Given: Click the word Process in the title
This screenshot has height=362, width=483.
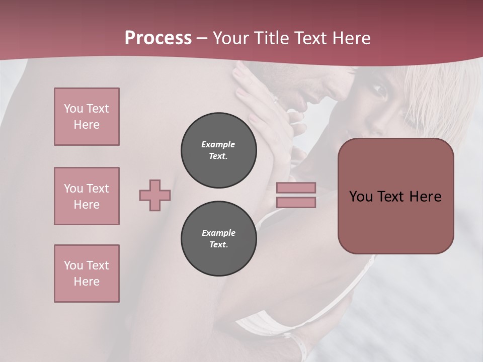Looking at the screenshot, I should pos(158,38).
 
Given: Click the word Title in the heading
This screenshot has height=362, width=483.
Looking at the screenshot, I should pos(271,38).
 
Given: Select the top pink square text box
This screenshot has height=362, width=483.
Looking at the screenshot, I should pos(87,117).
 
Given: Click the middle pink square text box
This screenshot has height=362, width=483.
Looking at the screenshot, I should pos(87,196).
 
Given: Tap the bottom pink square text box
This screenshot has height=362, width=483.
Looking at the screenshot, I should pos(87,274).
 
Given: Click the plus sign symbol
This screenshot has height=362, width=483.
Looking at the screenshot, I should pos(155,195).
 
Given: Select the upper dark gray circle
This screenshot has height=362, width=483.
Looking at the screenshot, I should pos(218,150).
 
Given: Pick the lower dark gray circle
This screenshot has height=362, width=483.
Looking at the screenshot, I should pos(218,238).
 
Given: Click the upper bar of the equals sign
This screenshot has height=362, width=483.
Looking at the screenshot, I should pos(296,188).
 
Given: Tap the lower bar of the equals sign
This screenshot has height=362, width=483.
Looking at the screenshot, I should pos(296,203).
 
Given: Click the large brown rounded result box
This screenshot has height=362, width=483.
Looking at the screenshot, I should pos(395,221).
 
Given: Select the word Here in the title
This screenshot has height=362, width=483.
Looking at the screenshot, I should pos(351,38).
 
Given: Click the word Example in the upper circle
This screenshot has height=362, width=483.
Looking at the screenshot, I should pos(218,144).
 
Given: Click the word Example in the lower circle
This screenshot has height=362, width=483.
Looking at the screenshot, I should pos(218,233).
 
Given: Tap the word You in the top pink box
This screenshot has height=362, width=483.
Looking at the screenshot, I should pos(73,109).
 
